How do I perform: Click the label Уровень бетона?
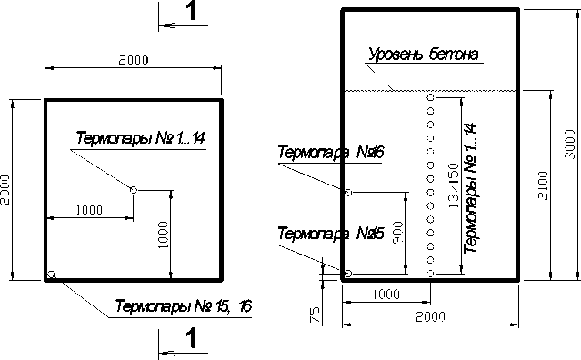(424, 54)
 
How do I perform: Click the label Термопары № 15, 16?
(184, 306)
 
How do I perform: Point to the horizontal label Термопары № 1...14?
(140, 138)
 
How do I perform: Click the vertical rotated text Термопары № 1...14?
(470, 188)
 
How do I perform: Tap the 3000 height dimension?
(570, 144)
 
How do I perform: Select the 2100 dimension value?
(543, 185)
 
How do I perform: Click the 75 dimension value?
(315, 315)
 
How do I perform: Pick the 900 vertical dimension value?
(398, 233)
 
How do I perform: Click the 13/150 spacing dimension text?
(454, 185)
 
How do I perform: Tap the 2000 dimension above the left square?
(134, 60)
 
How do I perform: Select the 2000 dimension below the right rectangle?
(430, 317)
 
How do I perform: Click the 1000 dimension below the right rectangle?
(386, 295)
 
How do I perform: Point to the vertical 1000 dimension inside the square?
(163, 235)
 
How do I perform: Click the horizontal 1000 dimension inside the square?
(89, 210)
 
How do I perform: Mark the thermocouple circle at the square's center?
(134, 190)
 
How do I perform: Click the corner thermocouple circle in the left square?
(52, 275)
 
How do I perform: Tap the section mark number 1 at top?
(191, 11)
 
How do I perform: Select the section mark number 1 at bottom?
(191, 338)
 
